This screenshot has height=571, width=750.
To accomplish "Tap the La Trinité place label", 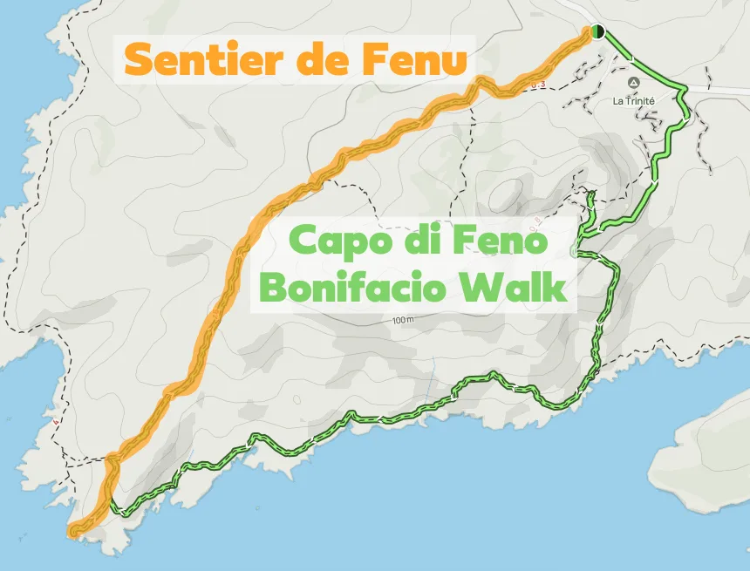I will point(634,100).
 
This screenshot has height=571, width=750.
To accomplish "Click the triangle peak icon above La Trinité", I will point(634,83).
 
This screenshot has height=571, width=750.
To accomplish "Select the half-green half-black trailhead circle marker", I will point(597,31).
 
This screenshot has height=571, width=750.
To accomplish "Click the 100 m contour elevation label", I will point(403,320).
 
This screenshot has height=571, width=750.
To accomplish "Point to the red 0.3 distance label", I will point(541,85).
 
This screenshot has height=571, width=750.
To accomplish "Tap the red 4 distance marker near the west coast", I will point(55,424).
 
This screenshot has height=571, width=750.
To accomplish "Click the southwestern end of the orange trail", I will point(73,530).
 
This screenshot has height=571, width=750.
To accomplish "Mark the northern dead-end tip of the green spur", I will point(592,193).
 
